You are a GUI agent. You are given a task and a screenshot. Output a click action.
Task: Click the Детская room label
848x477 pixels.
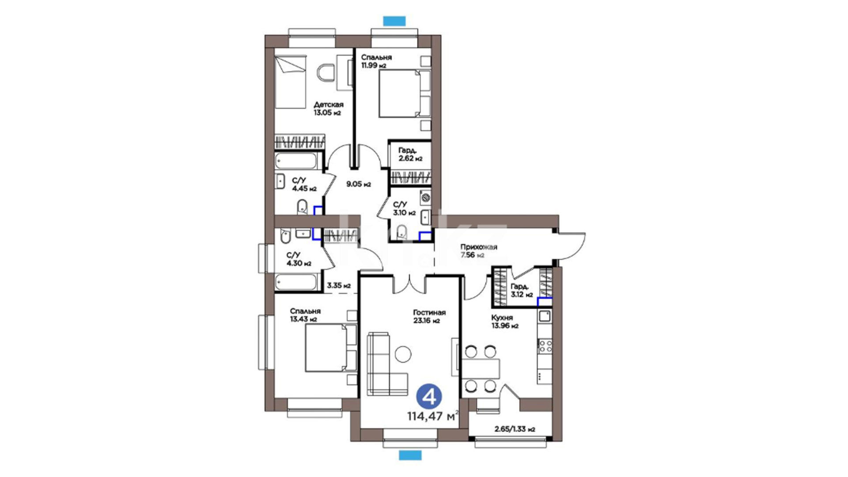pos(329,105)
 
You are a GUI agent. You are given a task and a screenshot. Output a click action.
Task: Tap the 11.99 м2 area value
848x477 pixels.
pos(374,65)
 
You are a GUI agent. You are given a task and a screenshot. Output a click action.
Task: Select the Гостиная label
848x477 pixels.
pos(429,312)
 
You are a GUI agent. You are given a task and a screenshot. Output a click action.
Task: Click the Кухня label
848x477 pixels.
pos(502,318)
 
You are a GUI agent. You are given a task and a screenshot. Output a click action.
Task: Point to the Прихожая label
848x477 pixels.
pos(479,247)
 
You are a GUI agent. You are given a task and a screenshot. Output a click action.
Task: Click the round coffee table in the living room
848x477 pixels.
pos(403,354)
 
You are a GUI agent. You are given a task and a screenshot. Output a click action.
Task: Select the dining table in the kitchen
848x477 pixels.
pos(481,369)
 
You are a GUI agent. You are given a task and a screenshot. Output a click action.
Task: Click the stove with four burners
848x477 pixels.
pos(545,345)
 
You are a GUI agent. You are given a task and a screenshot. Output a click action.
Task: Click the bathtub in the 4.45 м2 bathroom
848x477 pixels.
pos(296,161)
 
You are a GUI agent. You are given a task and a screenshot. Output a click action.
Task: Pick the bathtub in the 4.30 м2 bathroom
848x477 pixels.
pos(296,282)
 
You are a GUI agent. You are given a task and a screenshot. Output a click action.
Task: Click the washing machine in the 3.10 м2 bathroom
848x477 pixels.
pos(425,197)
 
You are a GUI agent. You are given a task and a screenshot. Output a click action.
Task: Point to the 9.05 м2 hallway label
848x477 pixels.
pos(358,184)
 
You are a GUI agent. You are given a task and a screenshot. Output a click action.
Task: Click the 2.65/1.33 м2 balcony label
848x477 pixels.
pos(515,429)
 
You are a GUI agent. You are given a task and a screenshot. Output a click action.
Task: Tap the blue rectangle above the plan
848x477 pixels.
pos(394,20)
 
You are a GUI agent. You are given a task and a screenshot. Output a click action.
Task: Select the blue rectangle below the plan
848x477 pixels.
pos(410,455)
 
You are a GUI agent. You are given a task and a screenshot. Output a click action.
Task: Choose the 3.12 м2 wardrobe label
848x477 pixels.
pos(522,291)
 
